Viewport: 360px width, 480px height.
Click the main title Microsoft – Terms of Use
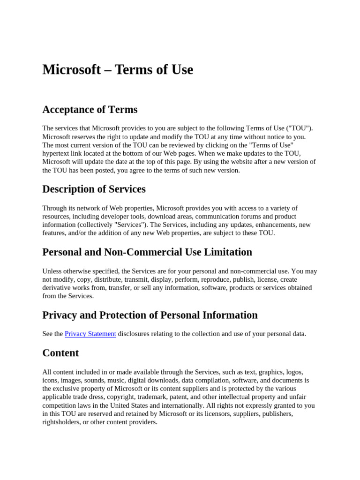point(118,70)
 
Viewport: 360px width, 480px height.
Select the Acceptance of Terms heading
point(90,110)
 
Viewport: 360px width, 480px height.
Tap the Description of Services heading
point(94,189)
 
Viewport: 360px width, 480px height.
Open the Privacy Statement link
point(90,334)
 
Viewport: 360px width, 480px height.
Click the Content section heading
point(60,353)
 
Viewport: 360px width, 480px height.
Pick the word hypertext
point(57,153)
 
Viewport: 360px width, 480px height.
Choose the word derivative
point(57,288)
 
